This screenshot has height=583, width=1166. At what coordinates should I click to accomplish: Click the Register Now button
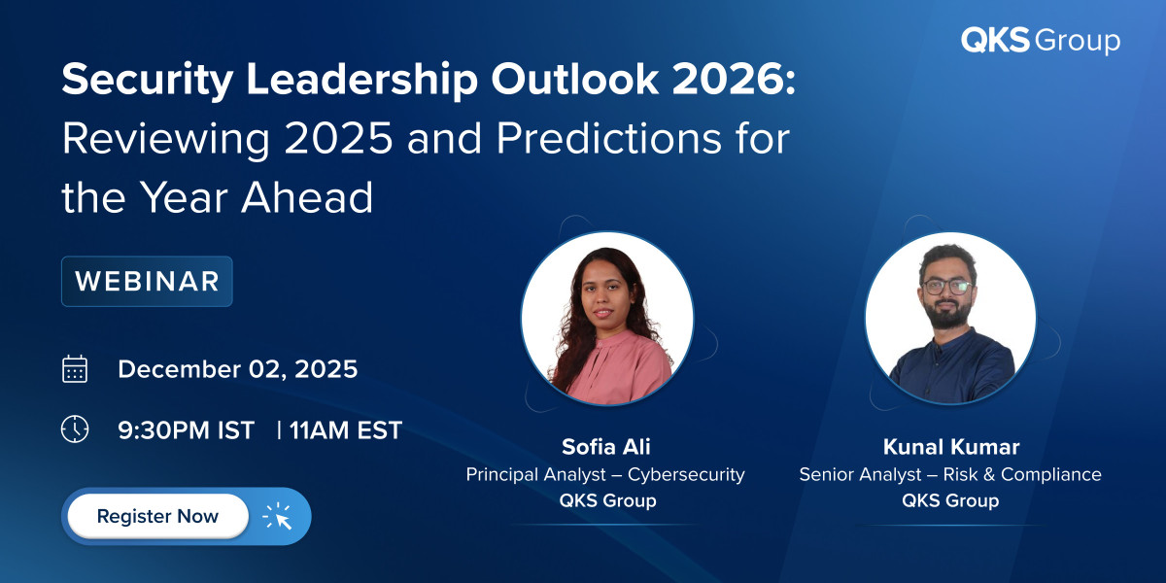point(157,516)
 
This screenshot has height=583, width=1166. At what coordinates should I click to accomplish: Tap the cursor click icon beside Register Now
point(278,517)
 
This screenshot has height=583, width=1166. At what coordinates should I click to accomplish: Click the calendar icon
point(75,369)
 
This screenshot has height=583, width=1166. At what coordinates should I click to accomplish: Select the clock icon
point(75,429)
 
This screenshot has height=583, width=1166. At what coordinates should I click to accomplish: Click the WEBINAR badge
point(147,281)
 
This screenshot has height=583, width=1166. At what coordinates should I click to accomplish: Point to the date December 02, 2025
point(237,369)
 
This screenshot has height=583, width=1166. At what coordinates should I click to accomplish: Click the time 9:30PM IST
point(186,429)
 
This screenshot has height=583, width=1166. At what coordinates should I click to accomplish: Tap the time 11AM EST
point(346,429)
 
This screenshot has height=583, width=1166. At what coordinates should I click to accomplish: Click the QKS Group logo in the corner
point(1040,41)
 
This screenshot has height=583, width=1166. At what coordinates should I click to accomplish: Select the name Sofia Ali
point(606,447)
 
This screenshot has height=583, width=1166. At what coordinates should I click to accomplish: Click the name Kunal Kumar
point(949,447)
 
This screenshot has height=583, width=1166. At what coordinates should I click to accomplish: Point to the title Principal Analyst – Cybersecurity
point(605,474)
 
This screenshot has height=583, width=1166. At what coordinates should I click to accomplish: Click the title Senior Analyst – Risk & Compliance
point(949,474)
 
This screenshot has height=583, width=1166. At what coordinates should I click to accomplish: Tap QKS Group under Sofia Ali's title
point(606,501)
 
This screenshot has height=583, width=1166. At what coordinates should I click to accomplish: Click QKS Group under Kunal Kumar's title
point(949,501)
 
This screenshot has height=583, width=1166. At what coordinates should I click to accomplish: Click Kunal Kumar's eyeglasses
point(946,288)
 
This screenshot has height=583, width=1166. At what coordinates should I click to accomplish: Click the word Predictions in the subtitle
point(599,140)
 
